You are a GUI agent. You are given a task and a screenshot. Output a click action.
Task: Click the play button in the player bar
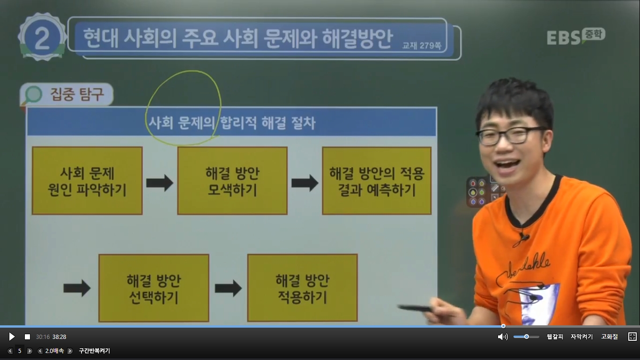[12, 337]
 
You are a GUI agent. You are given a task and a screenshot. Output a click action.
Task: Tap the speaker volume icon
[503, 337]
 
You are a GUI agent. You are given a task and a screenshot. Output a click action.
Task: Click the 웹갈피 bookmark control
[555, 337]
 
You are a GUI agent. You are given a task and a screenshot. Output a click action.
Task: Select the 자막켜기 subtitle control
[582, 337]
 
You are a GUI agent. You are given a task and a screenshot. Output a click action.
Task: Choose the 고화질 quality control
[610, 337]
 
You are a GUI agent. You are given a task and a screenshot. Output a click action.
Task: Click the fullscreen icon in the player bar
[633, 337]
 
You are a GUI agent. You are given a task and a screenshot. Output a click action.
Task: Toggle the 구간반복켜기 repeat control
[94, 351]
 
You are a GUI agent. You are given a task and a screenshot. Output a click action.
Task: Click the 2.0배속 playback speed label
[54, 351]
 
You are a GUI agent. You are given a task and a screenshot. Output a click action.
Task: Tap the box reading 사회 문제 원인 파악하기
[87, 181]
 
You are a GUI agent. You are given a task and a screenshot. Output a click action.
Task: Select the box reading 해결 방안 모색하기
[232, 181]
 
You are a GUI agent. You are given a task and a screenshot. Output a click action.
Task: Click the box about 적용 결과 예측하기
[377, 181]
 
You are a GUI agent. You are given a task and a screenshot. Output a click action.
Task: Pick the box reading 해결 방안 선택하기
[154, 288]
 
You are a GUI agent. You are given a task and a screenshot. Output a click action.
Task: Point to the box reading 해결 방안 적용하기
[303, 288]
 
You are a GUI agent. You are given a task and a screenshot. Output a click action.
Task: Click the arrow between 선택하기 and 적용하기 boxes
[228, 288]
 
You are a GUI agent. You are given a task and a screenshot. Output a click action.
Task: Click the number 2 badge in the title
[42, 37]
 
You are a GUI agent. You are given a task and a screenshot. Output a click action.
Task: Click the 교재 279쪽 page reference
[422, 45]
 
